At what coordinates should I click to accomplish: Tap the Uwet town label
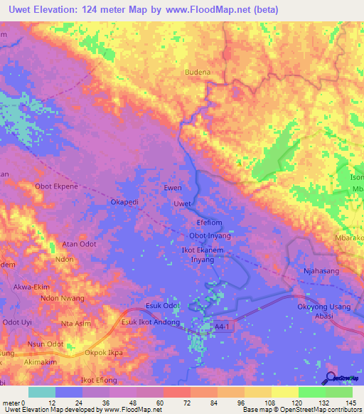[x=183, y=204]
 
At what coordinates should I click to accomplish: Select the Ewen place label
[x=173, y=189]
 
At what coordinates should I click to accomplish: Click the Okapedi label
[x=124, y=202]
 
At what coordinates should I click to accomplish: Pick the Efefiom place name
[x=210, y=221]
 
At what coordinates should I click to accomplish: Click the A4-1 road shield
[x=223, y=324]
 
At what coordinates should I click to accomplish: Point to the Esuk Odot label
[x=162, y=306]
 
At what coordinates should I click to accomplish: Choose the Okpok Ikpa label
[x=104, y=352]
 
